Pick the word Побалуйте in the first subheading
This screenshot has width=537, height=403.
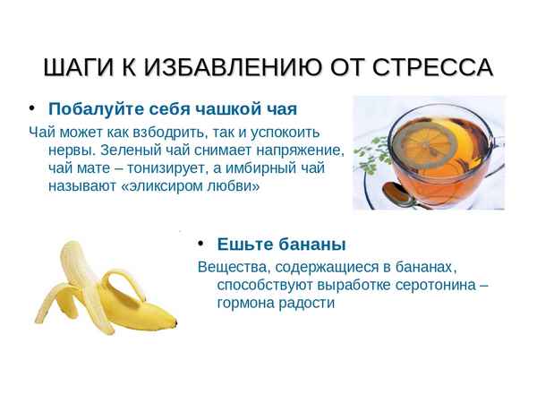coord(90,111)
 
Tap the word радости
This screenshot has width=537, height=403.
coord(304,304)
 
